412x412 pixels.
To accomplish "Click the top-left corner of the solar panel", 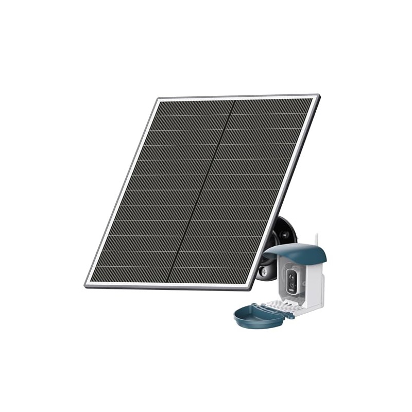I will click(x=158, y=98).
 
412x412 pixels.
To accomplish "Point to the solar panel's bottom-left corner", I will click(x=86, y=285).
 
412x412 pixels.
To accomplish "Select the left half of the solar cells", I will click(x=154, y=191).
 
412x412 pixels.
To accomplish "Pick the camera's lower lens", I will click(x=292, y=285).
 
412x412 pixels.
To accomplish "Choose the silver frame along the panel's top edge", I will click(x=237, y=97).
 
